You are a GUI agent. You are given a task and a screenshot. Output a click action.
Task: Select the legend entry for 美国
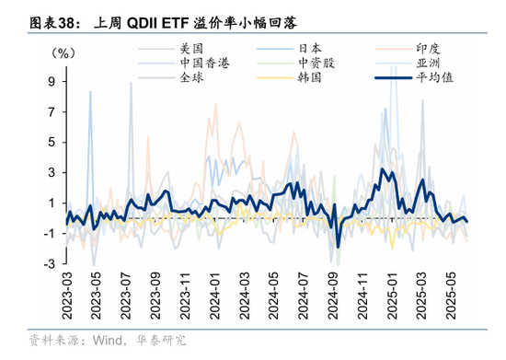click(x=191, y=47)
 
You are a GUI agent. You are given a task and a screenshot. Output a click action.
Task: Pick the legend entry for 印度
click(x=429, y=47)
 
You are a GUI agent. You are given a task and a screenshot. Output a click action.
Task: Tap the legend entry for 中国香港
click(x=203, y=63)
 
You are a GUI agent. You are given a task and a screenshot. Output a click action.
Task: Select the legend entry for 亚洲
click(x=429, y=63)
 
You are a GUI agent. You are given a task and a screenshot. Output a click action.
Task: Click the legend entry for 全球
click(x=191, y=78)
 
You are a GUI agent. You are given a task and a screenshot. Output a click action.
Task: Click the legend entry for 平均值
click(x=434, y=78)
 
